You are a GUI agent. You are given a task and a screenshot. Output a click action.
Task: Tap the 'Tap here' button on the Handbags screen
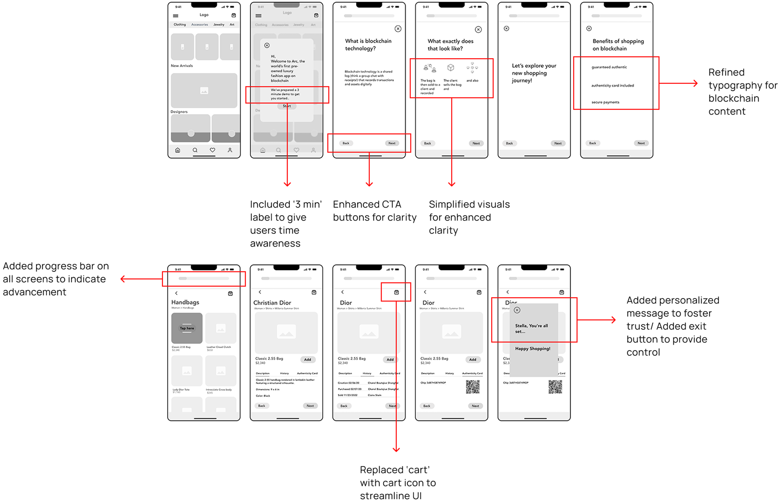187,328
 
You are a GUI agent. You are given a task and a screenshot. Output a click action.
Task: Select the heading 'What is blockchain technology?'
368,45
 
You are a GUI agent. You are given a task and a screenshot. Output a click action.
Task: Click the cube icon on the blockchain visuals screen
451,68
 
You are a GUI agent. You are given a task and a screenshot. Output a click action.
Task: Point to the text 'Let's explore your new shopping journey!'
534,73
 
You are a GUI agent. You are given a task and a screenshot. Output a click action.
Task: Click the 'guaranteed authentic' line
609,67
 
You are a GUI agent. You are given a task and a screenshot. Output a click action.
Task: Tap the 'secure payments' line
605,102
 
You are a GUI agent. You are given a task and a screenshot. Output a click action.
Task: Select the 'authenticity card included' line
612,86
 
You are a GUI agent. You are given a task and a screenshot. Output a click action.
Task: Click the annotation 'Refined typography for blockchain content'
743,92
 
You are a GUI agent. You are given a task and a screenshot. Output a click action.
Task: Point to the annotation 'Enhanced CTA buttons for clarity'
374,211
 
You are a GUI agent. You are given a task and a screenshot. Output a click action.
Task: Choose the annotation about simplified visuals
469,217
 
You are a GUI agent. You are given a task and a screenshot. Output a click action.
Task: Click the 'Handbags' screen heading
185,302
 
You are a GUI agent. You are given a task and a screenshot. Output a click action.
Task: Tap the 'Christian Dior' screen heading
272,303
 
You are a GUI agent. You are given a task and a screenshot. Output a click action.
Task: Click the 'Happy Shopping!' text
533,349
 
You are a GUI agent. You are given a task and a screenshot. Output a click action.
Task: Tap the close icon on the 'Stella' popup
517,310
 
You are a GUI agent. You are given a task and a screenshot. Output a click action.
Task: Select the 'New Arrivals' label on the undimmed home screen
182,66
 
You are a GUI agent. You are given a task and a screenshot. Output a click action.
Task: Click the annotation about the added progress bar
56,279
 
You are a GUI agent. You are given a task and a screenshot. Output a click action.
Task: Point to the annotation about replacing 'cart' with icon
398,483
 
